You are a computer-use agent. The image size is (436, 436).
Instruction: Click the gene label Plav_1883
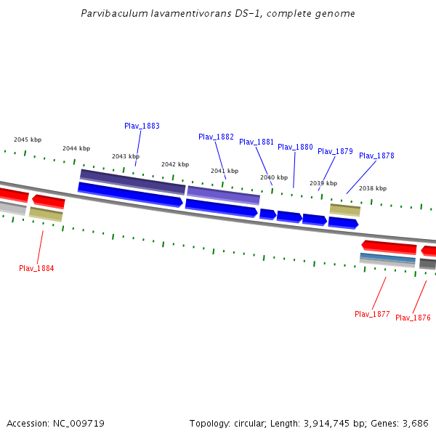coord(142,126)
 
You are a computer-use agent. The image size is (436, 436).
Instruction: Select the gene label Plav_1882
coord(216,137)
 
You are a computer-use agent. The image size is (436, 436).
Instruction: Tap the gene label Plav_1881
coord(257,142)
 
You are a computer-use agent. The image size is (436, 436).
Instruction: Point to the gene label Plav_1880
coord(295,147)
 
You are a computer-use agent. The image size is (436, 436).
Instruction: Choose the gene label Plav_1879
coord(335,151)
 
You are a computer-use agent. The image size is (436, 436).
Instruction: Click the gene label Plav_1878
coord(376,156)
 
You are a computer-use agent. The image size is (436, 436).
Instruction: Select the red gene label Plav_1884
coord(36,268)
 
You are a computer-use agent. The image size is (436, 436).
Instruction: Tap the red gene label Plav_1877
coord(372,314)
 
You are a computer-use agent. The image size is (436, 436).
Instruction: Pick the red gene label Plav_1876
coord(413,318)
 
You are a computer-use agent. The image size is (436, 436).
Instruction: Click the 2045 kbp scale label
coord(28,140)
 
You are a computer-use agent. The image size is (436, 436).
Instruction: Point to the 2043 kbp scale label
coord(126,156)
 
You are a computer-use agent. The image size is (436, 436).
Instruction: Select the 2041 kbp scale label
coord(225,171)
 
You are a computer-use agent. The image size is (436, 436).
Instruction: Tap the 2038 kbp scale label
coord(373,188)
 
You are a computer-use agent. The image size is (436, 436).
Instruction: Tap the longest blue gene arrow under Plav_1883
coord(130,194)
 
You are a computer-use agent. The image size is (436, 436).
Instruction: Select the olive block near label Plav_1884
coord(46,214)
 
